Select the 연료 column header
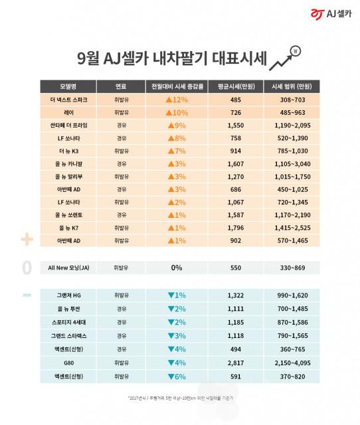[120, 86]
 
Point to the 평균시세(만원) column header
[234, 86]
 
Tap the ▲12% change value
[177, 99]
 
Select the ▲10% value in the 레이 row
[177, 113]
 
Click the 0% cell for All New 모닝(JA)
[177, 267]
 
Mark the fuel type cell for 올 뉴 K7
[120, 228]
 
